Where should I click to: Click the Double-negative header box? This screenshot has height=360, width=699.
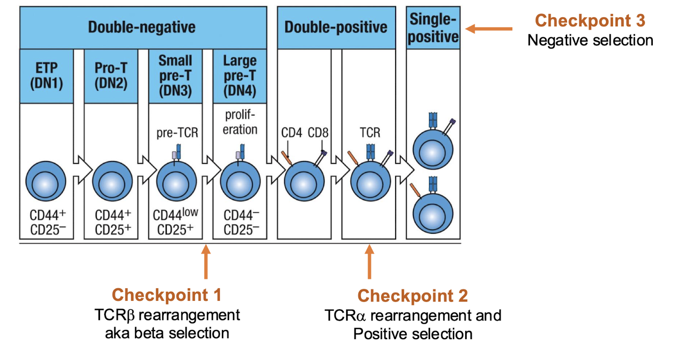coord(142,27)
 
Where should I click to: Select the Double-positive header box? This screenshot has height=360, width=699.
coord(336,27)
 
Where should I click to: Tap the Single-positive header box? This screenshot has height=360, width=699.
coord(433,28)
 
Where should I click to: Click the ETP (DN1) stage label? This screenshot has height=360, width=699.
coord(46,76)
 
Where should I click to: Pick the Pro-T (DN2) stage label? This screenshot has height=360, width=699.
coord(111,76)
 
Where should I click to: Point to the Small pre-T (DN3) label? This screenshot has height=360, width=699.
coord(176,76)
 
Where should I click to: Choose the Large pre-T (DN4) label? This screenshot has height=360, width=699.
coord(240,76)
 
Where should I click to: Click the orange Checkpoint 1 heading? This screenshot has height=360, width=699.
coord(167,295)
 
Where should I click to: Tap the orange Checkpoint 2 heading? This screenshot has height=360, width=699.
coord(413,296)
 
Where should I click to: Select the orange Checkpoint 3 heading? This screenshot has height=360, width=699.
coord(590,20)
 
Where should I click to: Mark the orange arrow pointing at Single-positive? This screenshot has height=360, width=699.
coord(489,29)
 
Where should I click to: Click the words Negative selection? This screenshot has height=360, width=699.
coord(590,40)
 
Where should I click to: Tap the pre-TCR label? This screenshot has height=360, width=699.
coord(177,132)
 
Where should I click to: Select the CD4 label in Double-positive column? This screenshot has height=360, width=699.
coord(291,132)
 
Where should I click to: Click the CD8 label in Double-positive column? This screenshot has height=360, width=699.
coord(318,132)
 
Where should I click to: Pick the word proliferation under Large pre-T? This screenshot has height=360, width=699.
coord(240,122)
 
